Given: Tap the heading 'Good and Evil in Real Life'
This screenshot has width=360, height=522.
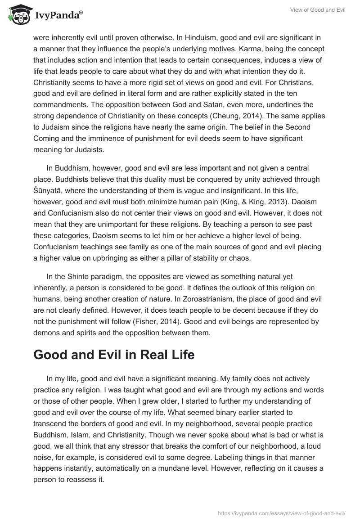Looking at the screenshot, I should (x=114, y=355).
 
